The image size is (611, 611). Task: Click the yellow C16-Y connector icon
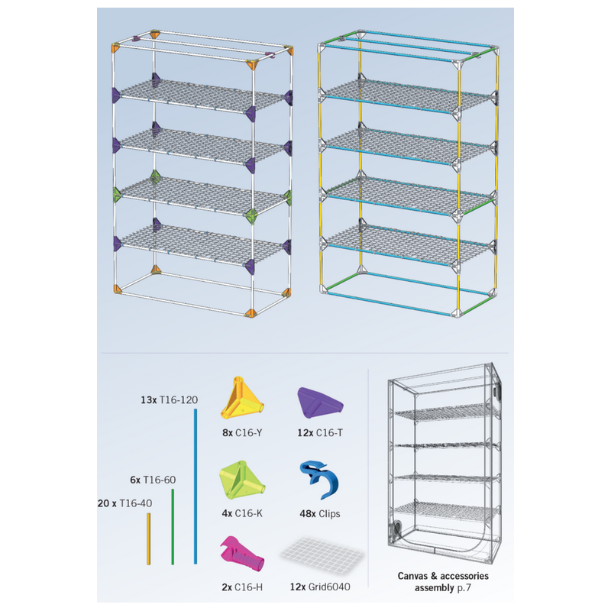(242, 398)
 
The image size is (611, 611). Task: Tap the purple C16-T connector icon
(320, 402)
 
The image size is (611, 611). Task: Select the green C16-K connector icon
(242, 480)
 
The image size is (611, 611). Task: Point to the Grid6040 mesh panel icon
(322, 553)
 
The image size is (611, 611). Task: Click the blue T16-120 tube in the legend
(196, 487)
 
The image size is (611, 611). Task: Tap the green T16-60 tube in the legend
(173, 527)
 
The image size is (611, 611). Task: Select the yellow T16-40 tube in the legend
(148, 539)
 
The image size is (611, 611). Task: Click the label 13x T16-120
(169, 399)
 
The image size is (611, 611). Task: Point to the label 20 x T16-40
(124, 503)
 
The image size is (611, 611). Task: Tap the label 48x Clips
(320, 513)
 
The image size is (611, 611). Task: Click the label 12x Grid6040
(320, 587)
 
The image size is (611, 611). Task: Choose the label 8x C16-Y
(242, 432)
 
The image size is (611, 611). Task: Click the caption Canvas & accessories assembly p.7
(443, 582)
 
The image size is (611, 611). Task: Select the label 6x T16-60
(153, 480)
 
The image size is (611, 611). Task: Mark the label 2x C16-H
(242, 587)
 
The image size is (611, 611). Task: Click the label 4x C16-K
(242, 513)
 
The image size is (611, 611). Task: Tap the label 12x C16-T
(320, 432)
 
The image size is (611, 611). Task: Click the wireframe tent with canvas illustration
(445, 464)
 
